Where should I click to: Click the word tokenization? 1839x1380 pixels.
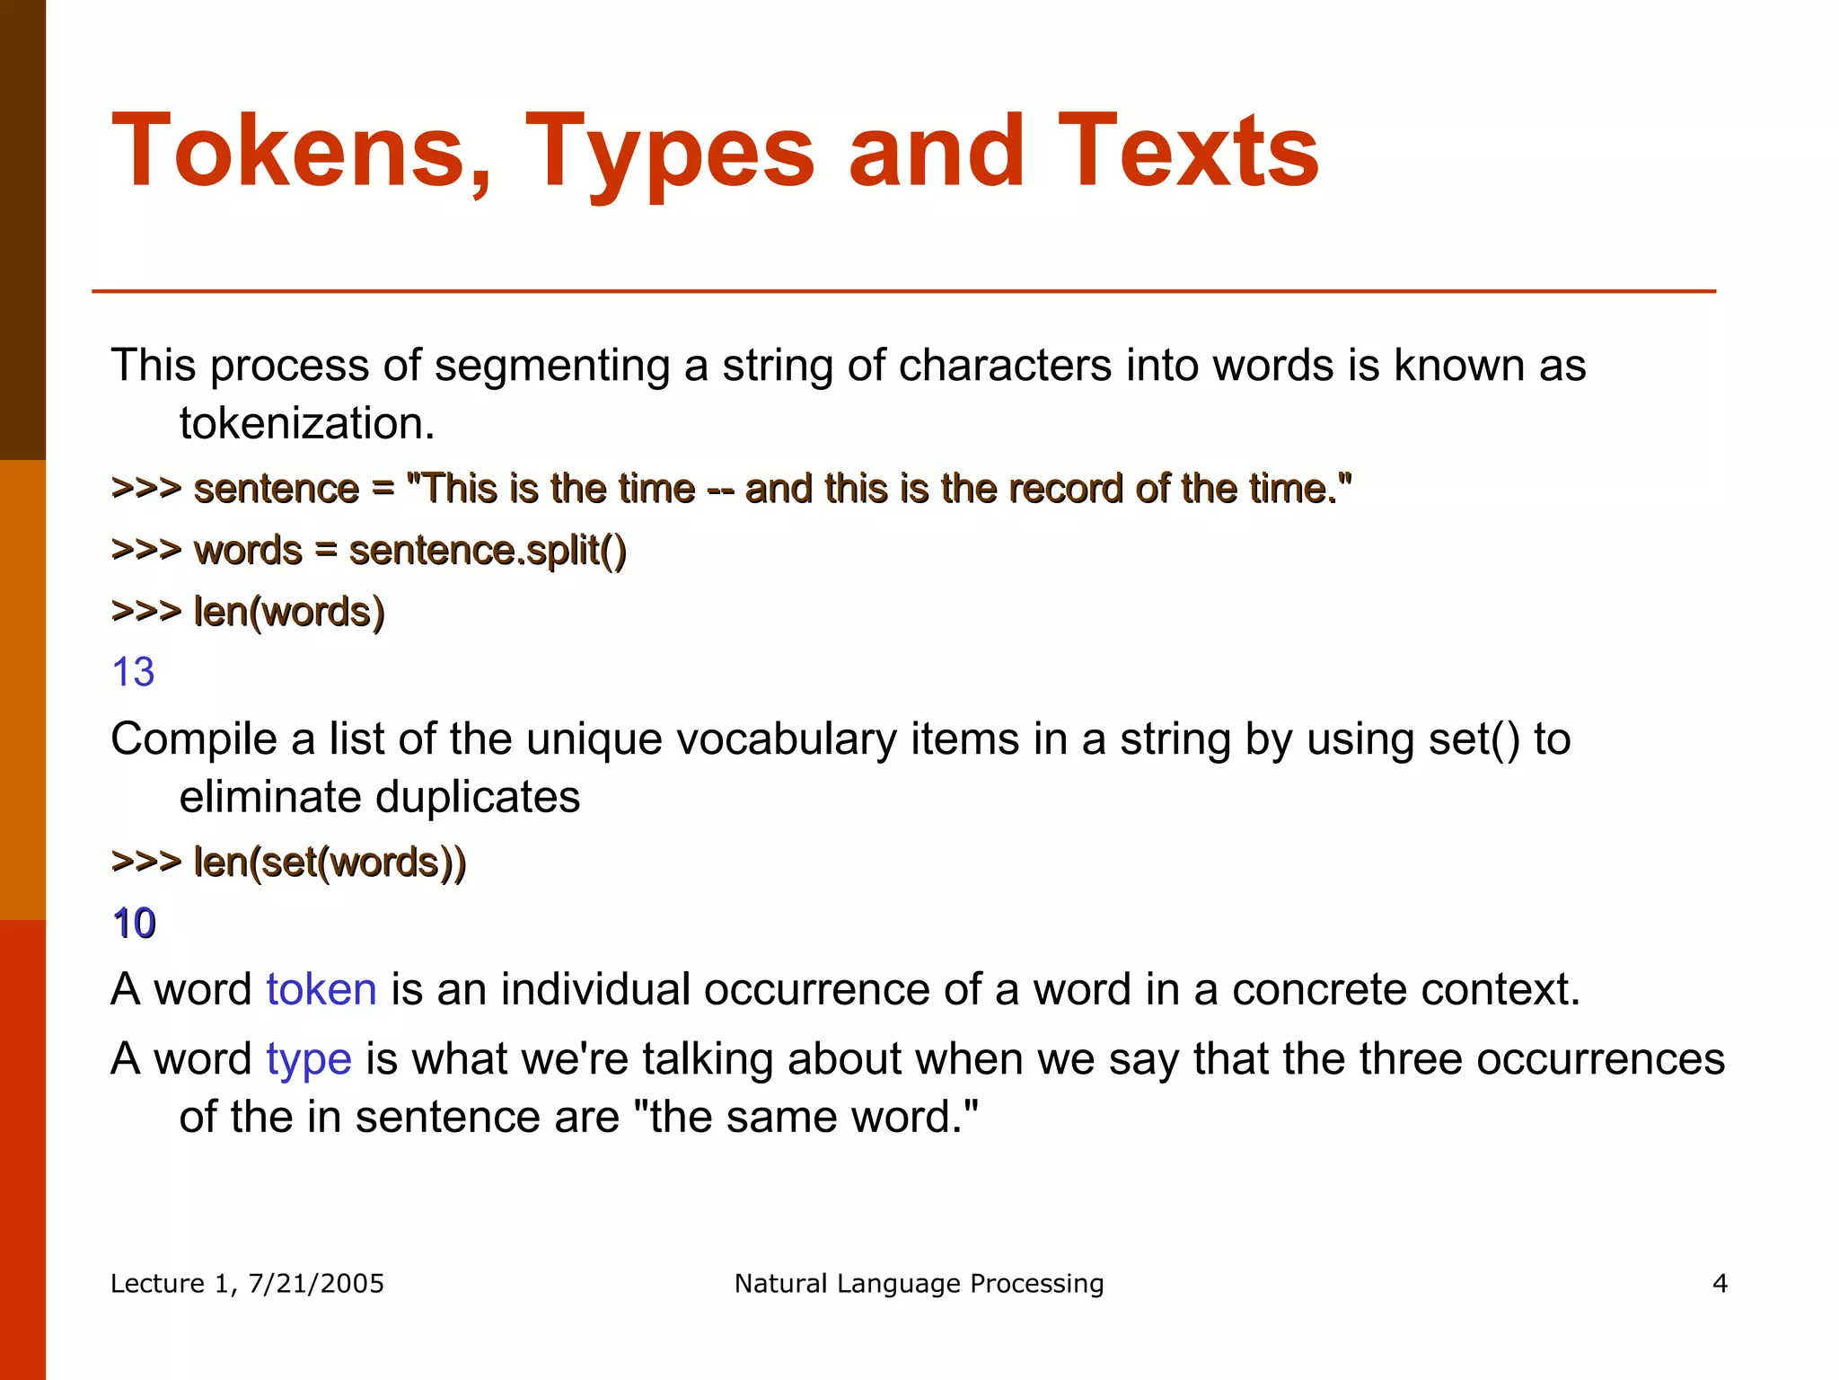[x=307, y=423]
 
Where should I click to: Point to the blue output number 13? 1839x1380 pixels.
[x=133, y=672]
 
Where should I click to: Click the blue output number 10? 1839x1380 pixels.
[x=135, y=924]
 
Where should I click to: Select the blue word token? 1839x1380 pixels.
[x=321, y=989]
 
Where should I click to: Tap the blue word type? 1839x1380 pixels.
[x=308, y=1059]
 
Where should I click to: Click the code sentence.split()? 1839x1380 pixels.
[x=488, y=550]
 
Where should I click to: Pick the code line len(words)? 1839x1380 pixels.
[x=289, y=612]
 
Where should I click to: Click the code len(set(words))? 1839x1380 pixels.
[x=330, y=862]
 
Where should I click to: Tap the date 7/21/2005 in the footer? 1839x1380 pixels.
[x=315, y=1283]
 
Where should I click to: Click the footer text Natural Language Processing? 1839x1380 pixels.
[x=919, y=1283]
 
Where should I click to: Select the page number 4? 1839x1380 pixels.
[x=1720, y=1283]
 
